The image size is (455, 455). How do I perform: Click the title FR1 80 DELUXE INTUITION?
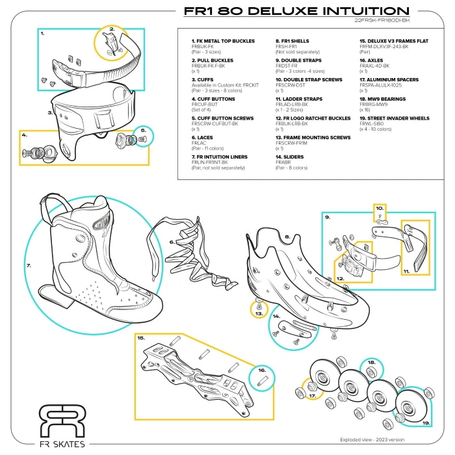296,11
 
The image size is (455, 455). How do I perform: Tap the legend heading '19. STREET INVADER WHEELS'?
394,119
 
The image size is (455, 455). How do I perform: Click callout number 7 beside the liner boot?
29,265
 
